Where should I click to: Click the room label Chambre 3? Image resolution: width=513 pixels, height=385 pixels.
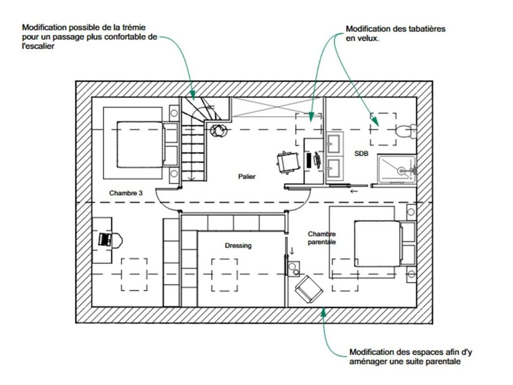(126, 194)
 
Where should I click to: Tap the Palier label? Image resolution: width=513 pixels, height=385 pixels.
(247, 177)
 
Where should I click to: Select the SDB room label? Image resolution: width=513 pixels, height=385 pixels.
(361, 153)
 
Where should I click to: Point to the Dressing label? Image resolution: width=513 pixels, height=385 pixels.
(238, 246)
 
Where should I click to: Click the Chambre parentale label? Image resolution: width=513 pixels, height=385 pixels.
(322, 238)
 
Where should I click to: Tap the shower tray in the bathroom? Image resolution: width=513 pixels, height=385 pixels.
(397, 168)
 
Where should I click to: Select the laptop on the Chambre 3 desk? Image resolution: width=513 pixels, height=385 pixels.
(105, 239)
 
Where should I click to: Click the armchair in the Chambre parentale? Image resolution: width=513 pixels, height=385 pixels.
(309, 290)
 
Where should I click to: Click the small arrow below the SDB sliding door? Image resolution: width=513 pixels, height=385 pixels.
(353, 191)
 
